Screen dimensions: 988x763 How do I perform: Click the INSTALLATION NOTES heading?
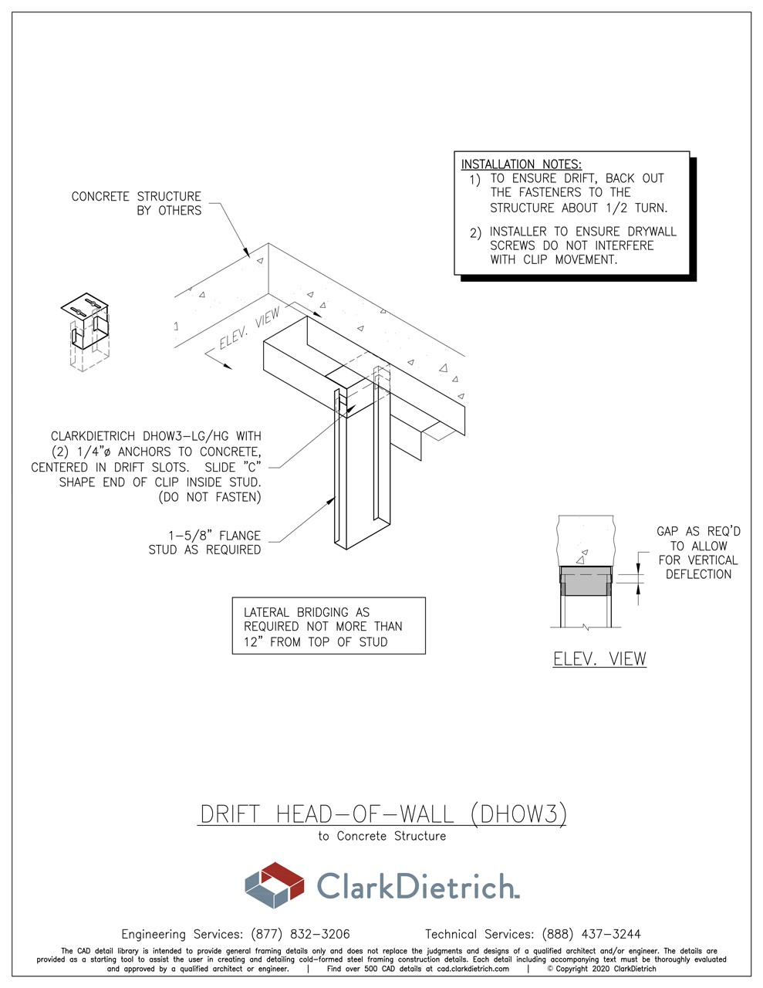[521, 164]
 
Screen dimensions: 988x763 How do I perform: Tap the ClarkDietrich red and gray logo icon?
[274, 885]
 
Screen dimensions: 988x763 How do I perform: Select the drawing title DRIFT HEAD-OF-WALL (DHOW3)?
[383, 814]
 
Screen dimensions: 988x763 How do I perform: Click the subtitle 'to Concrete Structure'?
[382, 836]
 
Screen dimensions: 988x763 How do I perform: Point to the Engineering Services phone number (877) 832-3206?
[300, 934]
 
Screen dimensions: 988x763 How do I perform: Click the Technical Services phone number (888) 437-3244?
[591, 934]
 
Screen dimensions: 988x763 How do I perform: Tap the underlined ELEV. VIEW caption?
[599, 659]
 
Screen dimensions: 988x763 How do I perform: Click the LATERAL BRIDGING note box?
[329, 626]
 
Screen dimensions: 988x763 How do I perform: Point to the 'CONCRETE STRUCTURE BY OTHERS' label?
[137, 203]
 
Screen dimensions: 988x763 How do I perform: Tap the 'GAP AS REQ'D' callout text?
[698, 531]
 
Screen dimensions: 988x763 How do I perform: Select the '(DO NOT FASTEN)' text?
[209, 497]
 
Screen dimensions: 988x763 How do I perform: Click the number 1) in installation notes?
[474, 179]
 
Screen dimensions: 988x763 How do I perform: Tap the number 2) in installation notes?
[474, 232]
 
